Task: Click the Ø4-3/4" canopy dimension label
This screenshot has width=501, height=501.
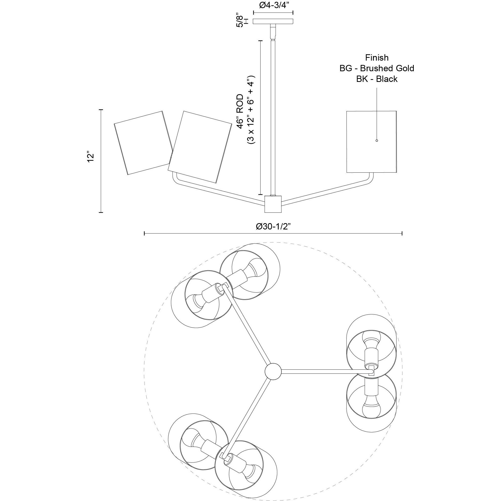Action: click(x=273, y=6)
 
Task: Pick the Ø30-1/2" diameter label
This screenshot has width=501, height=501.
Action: click(x=273, y=226)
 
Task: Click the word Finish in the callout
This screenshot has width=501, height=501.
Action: click(x=377, y=57)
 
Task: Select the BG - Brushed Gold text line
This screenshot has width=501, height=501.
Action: click(x=377, y=68)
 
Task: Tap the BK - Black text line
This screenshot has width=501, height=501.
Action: click(x=377, y=79)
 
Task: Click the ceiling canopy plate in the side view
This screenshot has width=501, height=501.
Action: click(x=273, y=22)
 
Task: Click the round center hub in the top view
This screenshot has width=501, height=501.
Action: click(x=273, y=372)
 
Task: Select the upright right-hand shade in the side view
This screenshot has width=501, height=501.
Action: click(x=371, y=142)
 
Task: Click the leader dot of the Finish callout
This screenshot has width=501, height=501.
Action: click(x=377, y=140)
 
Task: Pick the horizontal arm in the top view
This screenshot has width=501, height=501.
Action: click(x=326, y=372)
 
